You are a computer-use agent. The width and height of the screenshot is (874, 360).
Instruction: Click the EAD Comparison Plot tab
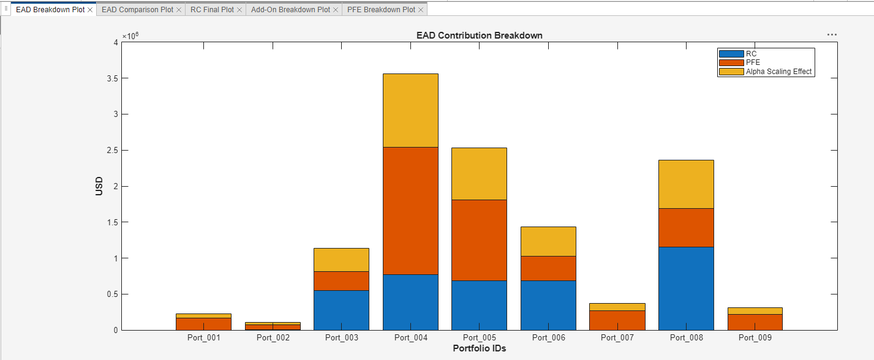click(x=137, y=10)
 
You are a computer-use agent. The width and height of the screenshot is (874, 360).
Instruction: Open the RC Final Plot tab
click(x=212, y=10)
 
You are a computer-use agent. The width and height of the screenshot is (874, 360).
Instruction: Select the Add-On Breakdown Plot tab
click(x=290, y=10)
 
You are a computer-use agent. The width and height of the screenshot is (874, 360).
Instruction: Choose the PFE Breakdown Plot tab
click(x=380, y=10)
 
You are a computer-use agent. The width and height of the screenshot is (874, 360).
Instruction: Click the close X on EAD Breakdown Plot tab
click(x=91, y=10)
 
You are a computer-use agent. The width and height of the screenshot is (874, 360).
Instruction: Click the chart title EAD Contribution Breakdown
click(x=479, y=36)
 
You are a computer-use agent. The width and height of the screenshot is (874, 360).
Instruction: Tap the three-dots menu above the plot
click(x=832, y=35)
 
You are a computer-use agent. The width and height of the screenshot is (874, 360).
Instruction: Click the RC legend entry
click(x=751, y=54)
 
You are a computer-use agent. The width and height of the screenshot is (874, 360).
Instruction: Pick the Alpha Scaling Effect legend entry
click(x=778, y=72)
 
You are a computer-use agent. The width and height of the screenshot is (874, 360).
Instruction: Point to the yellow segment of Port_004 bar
click(x=410, y=110)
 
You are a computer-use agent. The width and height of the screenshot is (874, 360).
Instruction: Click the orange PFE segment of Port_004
click(x=410, y=211)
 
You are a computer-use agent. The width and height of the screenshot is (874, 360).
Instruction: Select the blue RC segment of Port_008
click(x=686, y=288)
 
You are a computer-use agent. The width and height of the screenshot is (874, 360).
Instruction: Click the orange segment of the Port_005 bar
click(x=479, y=240)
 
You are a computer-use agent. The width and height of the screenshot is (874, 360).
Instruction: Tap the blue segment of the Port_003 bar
click(x=341, y=310)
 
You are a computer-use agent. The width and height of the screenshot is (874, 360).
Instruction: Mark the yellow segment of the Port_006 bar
click(x=548, y=241)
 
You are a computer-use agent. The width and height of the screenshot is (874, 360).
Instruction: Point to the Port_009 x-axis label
click(x=755, y=337)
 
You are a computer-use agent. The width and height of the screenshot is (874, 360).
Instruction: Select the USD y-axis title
click(x=99, y=186)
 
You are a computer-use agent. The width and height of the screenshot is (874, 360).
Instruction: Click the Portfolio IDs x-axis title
click(x=479, y=348)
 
